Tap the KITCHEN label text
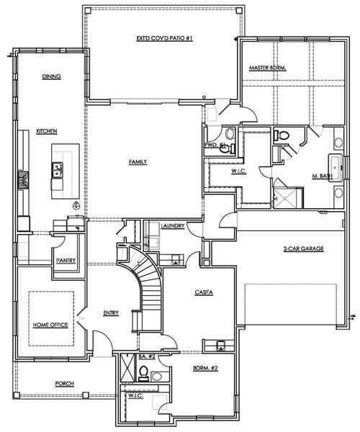[x=47, y=131]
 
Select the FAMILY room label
[x=138, y=162]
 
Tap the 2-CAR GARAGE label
[x=303, y=248]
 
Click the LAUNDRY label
[x=174, y=225]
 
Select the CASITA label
[x=203, y=292]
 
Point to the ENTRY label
[x=111, y=313]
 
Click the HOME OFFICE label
[x=50, y=325]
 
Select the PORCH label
[x=65, y=384]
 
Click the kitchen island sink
[x=56, y=170]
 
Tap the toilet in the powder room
[x=229, y=133]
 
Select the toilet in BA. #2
[x=143, y=372]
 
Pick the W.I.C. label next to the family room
[x=239, y=171]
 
